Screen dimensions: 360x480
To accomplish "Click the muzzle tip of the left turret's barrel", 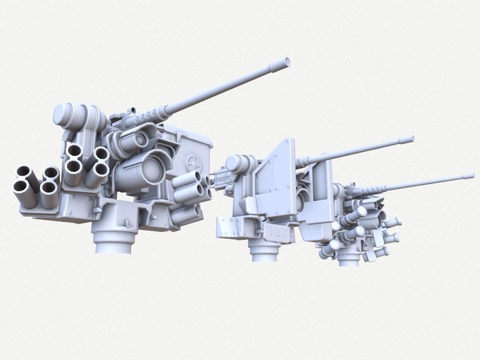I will pos(285,62).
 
